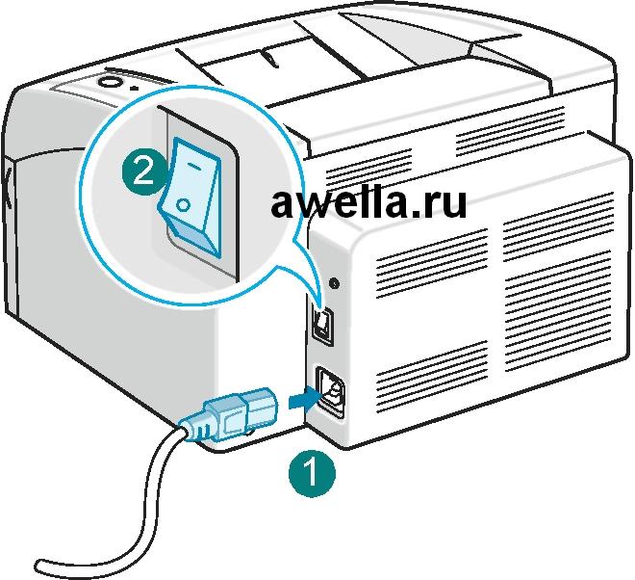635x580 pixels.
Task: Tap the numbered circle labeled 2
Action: (141, 172)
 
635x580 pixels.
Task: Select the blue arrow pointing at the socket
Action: (302, 396)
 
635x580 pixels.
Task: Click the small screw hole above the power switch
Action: (334, 283)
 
